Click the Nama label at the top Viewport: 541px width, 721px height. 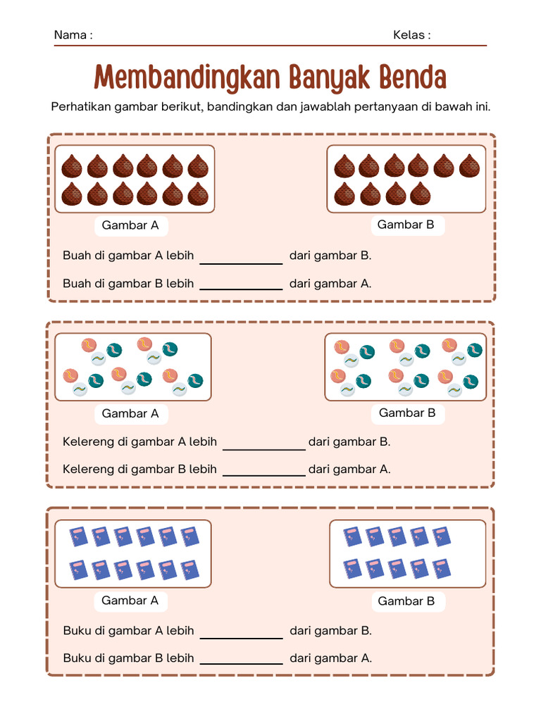coord(73,35)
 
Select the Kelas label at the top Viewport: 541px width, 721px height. coord(411,35)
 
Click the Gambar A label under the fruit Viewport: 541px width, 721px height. coord(130,226)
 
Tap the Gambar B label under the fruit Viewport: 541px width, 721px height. coord(406,225)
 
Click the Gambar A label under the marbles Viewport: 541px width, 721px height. coord(130,413)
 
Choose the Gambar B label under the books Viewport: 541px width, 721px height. coord(406,601)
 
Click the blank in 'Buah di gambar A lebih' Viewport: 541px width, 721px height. coord(241,257)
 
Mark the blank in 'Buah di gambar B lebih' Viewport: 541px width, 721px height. coord(241,284)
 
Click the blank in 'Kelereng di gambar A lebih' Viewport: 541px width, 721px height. coord(263,443)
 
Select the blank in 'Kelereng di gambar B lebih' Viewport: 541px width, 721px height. coord(263,470)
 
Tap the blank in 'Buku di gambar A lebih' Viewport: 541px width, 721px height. coord(241,632)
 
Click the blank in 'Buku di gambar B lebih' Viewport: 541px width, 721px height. coord(241,659)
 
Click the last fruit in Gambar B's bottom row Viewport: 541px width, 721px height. coord(421,194)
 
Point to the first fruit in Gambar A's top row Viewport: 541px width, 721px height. coord(72,167)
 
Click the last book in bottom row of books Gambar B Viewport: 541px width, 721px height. coord(442,568)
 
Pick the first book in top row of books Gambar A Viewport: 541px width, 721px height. coord(78,537)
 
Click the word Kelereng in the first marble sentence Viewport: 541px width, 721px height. coord(88,442)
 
